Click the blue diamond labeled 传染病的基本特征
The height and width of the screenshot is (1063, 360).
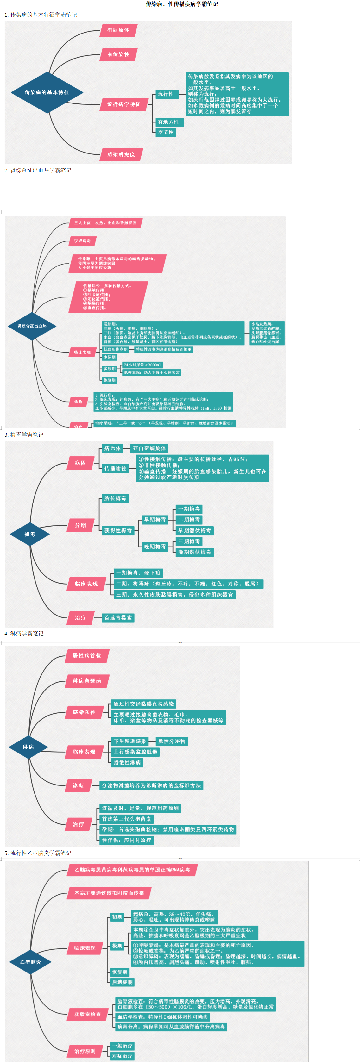(47, 92)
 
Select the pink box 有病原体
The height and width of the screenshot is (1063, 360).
(118, 30)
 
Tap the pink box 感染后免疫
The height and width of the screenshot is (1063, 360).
(121, 154)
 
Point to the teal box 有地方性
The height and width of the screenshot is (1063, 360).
(169, 122)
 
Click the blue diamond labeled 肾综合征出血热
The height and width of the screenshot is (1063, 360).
(32, 326)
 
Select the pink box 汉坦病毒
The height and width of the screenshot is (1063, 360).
(82, 241)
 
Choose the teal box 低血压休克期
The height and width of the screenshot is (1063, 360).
(116, 349)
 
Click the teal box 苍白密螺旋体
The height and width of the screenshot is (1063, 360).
(149, 448)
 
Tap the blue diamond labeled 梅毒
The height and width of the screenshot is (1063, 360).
(30, 534)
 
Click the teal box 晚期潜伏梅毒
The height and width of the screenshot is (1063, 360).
(194, 552)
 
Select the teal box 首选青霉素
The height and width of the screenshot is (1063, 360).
(118, 618)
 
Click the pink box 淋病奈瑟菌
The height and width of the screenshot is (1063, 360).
(87, 681)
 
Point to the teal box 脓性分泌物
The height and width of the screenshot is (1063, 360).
(172, 741)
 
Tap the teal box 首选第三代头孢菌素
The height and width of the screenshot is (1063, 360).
(127, 819)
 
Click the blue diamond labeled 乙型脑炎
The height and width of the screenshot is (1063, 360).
(30, 961)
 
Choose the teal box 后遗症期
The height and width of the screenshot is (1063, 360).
(122, 982)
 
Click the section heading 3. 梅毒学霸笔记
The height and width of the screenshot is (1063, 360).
(24, 435)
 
